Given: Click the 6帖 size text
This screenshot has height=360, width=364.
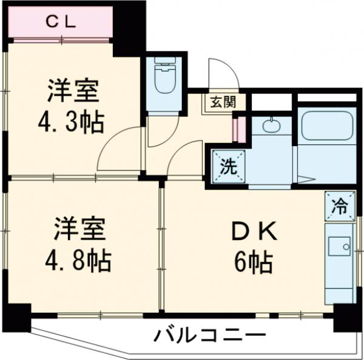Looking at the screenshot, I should [x=254, y=262].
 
